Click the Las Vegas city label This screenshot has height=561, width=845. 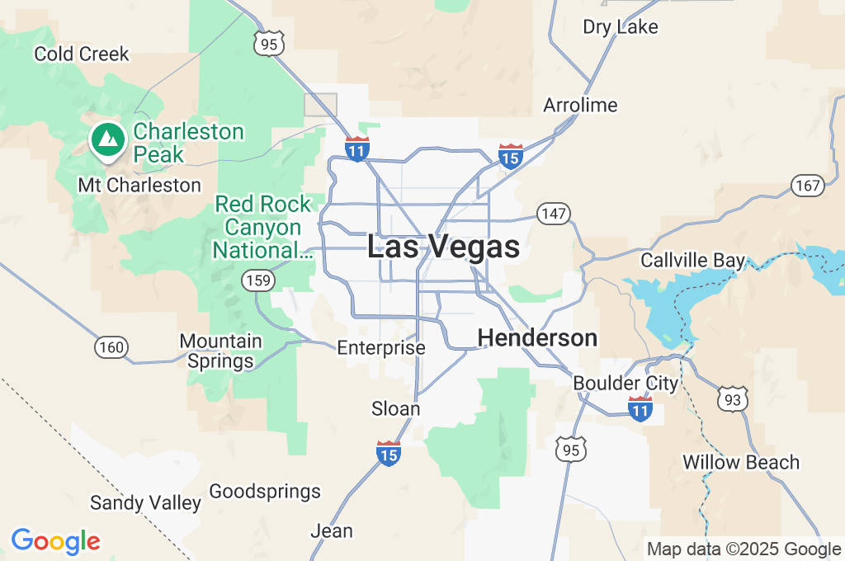443,247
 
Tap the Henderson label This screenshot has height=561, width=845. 537,337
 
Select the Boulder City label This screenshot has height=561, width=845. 625,384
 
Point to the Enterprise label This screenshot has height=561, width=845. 381,348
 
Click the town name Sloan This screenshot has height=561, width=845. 396,409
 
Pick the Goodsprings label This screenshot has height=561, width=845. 265,493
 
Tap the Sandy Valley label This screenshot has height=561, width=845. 145,502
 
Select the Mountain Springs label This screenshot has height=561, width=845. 221,351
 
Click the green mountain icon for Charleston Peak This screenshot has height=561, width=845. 106,139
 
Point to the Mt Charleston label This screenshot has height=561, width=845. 139,185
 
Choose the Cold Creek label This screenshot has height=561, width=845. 82,54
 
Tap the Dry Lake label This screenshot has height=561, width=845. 621,27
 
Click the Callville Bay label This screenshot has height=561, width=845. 693,261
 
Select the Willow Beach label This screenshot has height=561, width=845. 741,462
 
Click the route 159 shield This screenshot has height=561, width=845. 258,281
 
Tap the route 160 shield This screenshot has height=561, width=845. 111,347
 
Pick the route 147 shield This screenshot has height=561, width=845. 554,214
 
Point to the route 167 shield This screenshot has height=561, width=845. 807,186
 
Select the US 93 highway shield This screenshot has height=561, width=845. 733,399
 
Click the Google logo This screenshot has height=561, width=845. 55,542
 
